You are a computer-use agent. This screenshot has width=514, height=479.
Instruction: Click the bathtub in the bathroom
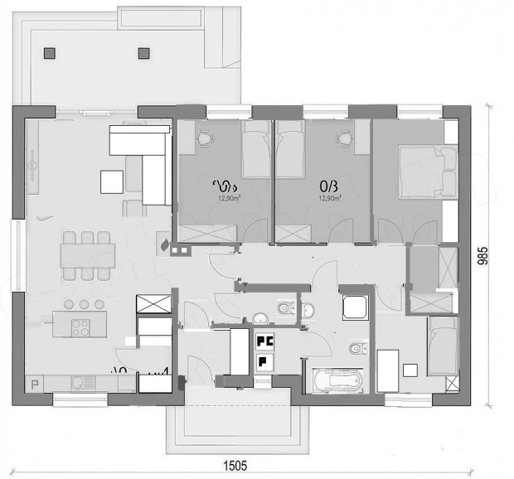tap(334, 380)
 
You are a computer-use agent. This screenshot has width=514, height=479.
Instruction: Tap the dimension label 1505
tap(233, 466)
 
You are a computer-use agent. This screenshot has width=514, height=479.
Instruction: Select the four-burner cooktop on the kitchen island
tap(81, 327)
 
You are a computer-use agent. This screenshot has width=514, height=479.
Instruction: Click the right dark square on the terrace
tap(143, 52)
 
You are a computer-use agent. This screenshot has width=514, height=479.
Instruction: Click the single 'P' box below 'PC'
tap(263, 360)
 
